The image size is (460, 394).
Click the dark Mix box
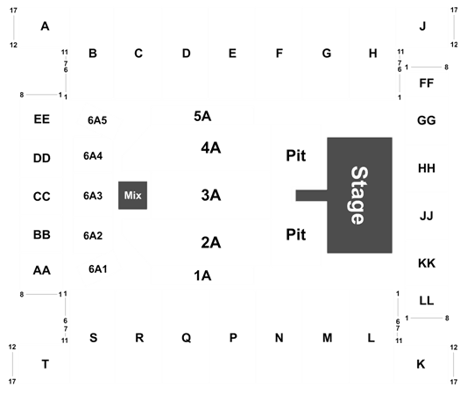coord(132,195)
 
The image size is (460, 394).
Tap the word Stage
coord(359,196)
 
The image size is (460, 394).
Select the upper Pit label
coord(296,155)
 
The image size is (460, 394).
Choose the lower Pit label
coord(296,234)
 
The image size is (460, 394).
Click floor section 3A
coord(211,195)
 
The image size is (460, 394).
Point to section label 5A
coord(202,116)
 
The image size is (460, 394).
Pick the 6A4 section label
coord(93,155)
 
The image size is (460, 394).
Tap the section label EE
coord(42,119)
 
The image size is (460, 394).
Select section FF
coord(426,83)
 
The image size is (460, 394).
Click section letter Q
coord(187,338)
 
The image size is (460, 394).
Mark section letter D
coord(187,54)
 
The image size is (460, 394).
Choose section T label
coord(46,364)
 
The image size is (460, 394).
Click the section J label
coord(422,26)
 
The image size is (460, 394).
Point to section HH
coord(426,168)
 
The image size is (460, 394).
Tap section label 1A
coord(202,276)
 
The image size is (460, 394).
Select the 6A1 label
coord(98,269)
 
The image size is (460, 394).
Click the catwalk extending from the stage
coord(312,196)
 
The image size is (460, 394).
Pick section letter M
coord(328,338)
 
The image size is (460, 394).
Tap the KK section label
coord(427,263)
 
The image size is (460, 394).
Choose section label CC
coord(42,197)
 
